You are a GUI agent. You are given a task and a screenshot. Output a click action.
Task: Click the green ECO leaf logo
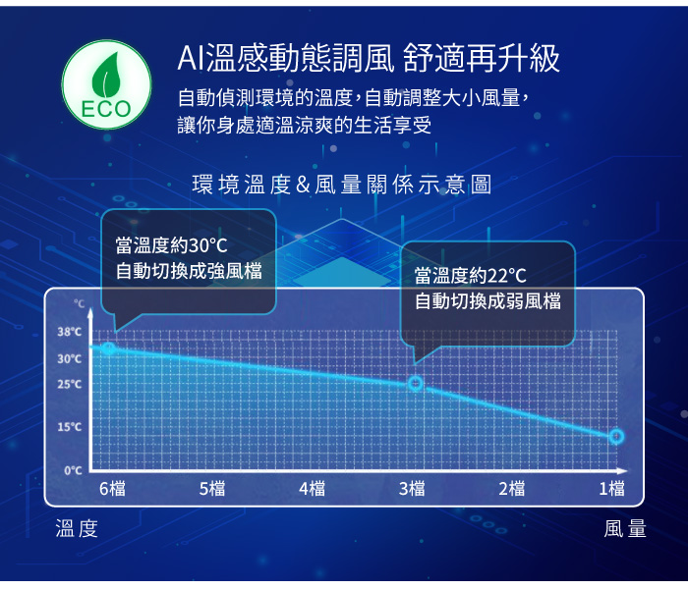[x=107, y=83]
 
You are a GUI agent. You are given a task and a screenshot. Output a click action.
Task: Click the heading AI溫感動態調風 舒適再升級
[x=368, y=59]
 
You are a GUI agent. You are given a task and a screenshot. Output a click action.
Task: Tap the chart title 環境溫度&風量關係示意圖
[x=342, y=184]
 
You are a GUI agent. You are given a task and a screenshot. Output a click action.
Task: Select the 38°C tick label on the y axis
[x=69, y=332]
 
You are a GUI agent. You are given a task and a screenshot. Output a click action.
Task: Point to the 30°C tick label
[x=69, y=358]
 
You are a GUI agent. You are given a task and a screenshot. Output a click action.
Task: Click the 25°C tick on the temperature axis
[x=69, y=384]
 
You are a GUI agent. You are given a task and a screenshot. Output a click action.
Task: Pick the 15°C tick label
[x=69, y=427]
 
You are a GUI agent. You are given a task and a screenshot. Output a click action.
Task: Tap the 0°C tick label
[x=72, y=470]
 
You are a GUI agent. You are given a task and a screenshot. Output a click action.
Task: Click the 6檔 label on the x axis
[x=111, y=488]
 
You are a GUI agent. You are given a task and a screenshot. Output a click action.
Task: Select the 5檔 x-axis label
[x=211, y=488]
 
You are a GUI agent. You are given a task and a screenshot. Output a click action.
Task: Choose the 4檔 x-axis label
[x=312, y=488]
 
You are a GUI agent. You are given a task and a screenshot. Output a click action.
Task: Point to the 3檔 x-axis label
[x=412, y=488]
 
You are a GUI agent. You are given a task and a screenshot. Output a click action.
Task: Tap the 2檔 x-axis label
[x=511, y=488]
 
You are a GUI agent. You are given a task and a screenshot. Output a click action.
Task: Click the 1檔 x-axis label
[x=611, y=488]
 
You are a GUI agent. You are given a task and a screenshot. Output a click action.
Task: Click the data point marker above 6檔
[x=109, y=348]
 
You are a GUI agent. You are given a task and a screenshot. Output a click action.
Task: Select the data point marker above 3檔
[x=415, y=384]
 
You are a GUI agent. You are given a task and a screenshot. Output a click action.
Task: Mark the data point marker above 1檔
[x=616, y=436]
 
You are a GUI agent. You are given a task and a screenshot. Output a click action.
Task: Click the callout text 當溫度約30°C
[x=171, y=245]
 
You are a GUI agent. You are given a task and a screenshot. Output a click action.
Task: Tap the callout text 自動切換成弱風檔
[x=487, y=300]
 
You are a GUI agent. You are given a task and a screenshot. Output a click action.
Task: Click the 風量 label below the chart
[x=626, y=530]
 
